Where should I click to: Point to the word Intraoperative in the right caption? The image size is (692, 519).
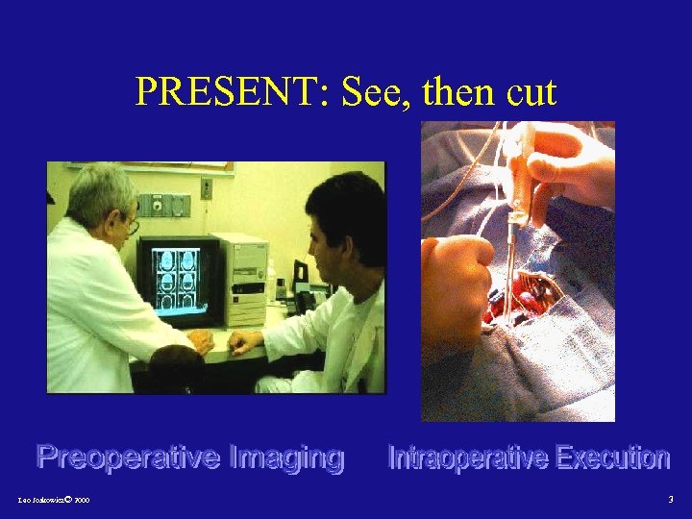[x=465, y=458]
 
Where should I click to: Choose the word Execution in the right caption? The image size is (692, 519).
[x=611, y=458]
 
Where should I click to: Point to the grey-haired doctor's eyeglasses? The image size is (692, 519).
[x=131, y=227]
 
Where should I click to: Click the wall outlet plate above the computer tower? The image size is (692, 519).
[x=206, y=187]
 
